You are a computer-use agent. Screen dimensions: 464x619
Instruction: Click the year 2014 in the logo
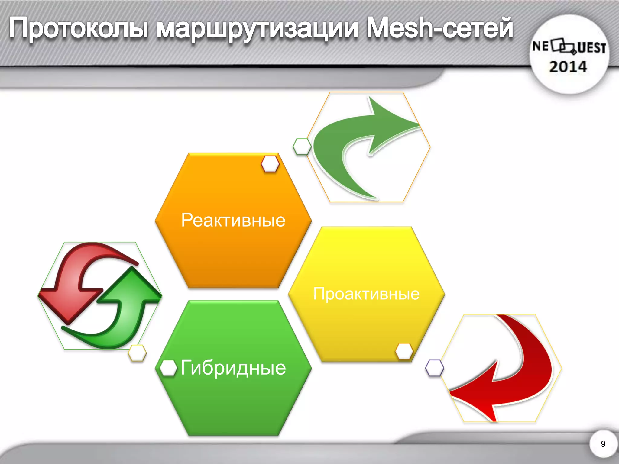tap(568, 67)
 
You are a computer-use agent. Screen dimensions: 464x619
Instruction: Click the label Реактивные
tap(233, 220)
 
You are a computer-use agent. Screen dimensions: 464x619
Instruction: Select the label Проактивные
tap(366, 294)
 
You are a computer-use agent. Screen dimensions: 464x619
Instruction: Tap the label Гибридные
tap(233, 368)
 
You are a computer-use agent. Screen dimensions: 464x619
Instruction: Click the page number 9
tap(603, 444)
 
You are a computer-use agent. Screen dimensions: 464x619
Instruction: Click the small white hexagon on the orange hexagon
tap(270, 164)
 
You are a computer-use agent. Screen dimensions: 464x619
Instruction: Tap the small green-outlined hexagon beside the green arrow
tap(302, 147)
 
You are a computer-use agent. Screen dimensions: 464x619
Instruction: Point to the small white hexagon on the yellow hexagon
tap(404, 351)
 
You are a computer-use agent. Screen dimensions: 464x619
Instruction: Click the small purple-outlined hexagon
tap(434, 368)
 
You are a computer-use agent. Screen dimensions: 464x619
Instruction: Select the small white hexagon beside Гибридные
tap(168, 368)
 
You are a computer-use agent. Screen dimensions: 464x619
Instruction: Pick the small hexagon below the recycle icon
tap(137, 353)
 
